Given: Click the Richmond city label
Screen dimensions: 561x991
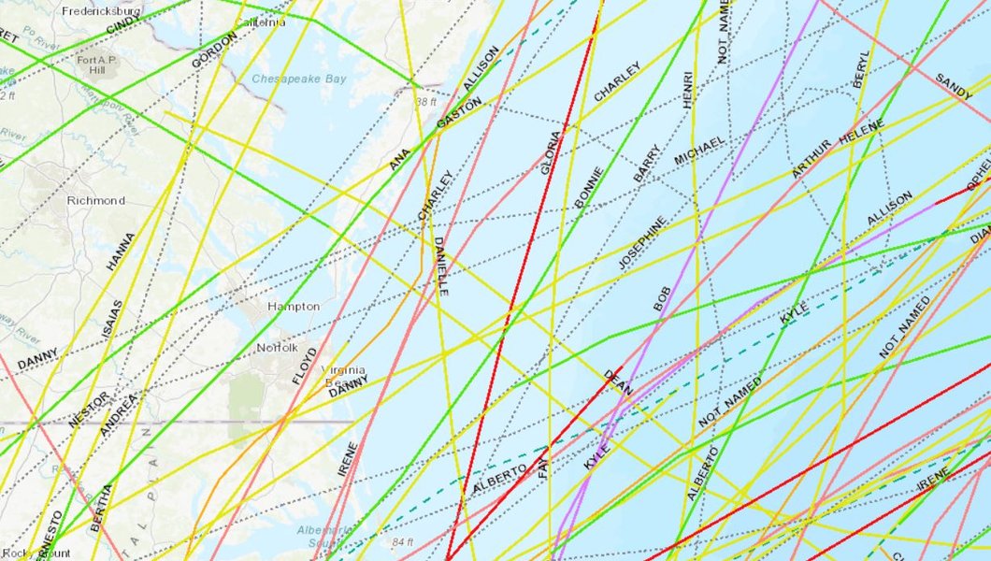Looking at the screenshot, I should click(95, 200).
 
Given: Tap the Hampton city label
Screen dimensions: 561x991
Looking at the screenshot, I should click(294, 307).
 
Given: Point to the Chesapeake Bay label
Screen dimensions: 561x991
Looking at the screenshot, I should click(299, 79).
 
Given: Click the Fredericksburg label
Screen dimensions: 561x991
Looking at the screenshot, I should click(101, 11).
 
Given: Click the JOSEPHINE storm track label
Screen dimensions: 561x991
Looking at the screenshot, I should click(642, 243).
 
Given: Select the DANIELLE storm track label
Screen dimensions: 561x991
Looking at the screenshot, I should click(440, 266).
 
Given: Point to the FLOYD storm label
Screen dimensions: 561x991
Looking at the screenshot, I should click(305, 366).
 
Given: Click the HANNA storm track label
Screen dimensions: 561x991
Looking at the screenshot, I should click(121, 252).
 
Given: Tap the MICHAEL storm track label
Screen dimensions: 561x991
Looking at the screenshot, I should click(699, 151).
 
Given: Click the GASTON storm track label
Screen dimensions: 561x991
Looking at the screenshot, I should click(459, 113).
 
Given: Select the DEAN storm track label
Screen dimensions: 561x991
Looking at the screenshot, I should click(618, 381).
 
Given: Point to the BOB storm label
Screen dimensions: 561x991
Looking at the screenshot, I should click(662, 297).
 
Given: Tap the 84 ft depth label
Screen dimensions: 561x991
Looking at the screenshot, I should click(403, 542).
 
